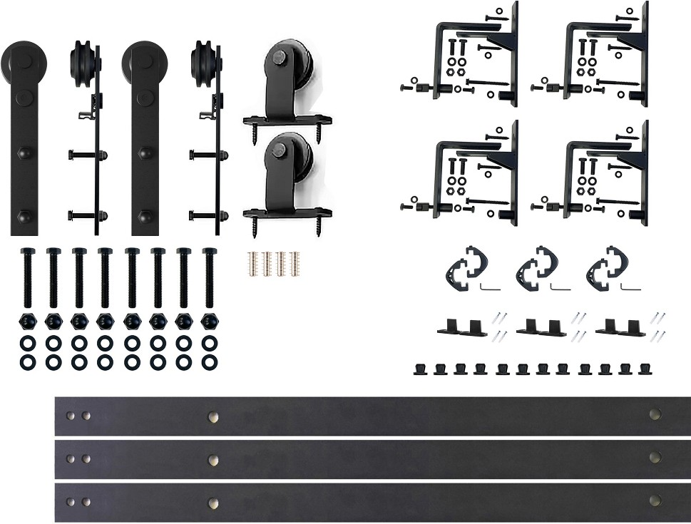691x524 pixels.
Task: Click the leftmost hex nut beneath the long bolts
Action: (x=27, y=319)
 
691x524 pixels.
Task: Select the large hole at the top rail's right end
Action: (x=655, y=414)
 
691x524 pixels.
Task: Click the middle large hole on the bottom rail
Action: (x=213, y=503)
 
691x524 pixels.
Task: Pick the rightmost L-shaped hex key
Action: (x=630, y=287)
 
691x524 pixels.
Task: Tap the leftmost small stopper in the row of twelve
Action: (x=420, y=368)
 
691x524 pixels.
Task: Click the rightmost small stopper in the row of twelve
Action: (x=646, y=368)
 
